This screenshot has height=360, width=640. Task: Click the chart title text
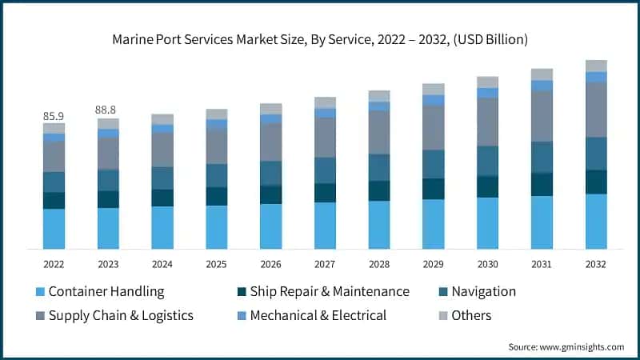pyautogui.click(x=320, y=38)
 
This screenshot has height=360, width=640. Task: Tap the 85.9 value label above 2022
pyautogui.click(x=54, y=116)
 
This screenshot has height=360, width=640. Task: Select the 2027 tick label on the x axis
pyautogui.click(x=325, y=264)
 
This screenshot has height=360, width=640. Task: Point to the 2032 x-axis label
pyautogui.click(x=596, y=264)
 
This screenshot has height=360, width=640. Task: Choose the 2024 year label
pyautogui.click(x=162, y=264)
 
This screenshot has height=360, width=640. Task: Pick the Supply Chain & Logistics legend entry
pyautogui.click(x=121, y=315)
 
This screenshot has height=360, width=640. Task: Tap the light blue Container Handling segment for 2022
pyautogui.click(x=54, y=229)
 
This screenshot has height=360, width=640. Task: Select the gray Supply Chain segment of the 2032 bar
pyautogui.click(x=596, y=110)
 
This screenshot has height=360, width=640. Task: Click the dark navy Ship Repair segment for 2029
pyautogui.click(x=434, y=189)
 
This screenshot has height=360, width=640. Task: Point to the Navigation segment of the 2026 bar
pyautogui.click(x=270, y=174)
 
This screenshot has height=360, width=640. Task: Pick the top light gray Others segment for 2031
pyautogui.click(x=542, y=74)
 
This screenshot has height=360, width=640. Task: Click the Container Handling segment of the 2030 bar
pyautogui.click(x=487, y=223)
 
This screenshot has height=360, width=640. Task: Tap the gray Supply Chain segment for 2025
pyautogui.click(x=216, y=146)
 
